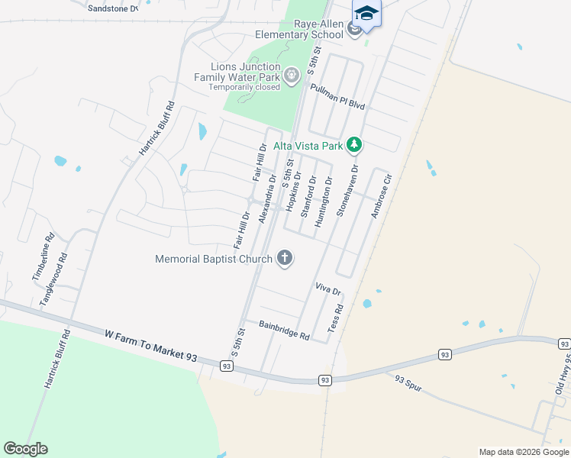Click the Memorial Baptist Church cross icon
(x=285, y=258)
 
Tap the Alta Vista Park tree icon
(x=353, y=144)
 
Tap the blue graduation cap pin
(x=366, y=13)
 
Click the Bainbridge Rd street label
(x=283, y=331)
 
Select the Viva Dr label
(x=327, y=289)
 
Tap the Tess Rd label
(x=335, y=318)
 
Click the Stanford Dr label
(x=308, y=197)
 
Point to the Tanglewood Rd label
(x=54, y=279)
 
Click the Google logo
(x=25, y=449)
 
